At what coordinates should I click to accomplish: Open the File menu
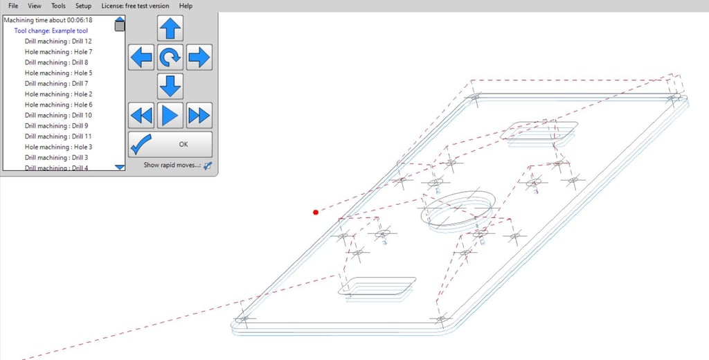(13, 6)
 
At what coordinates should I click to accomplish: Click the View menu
(35, 6)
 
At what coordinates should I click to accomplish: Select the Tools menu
(58, 6)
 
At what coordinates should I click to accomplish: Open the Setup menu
(83, 6)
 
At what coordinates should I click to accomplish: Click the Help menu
(186, 6)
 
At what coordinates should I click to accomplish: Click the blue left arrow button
(141, 57)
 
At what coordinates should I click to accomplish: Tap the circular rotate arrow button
(170, 57)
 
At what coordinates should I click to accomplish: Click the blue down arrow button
(170, 86)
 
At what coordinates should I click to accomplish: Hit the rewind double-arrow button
(141, 116)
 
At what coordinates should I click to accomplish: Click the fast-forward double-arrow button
(199, 116)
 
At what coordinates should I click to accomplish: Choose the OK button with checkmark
(170, 144)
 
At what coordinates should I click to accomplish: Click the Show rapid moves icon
(208, 165)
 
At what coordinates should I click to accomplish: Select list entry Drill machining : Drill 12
(58, 41)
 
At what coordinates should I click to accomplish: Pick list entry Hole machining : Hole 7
(58, 51)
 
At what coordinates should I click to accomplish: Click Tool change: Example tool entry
(51, 30)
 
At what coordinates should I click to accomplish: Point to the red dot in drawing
(316, 212)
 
